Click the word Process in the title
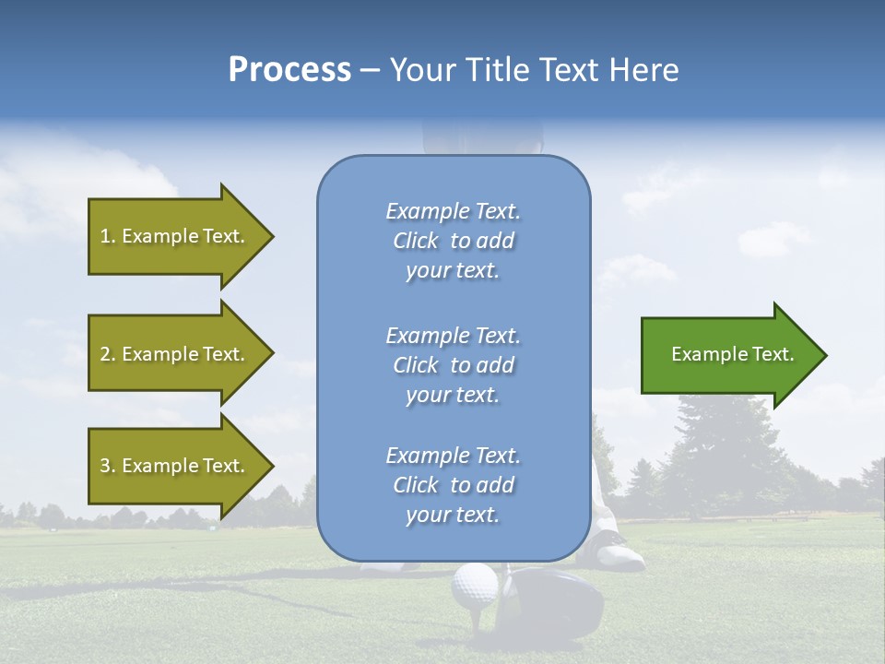click(289, 70)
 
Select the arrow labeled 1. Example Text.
click(175, 236)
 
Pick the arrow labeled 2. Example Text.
click(175, 354)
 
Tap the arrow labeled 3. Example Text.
click(175, 466)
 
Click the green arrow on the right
click(728, 354)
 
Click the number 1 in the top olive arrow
click(105, 236)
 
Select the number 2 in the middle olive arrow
click(105, 354)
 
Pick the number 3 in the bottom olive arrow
click(105, 466)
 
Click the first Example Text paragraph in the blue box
click(453, 241)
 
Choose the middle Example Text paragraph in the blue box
click(453, 365)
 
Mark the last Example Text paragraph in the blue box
click(453, 485)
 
